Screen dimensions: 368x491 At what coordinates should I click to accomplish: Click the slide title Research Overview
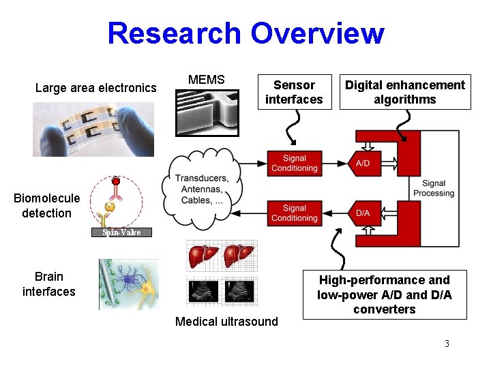point(245,33)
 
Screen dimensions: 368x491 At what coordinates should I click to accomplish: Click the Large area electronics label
point(95,88)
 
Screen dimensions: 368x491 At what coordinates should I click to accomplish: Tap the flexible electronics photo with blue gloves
point(93,129)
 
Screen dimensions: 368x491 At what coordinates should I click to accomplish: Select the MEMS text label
point(206,80)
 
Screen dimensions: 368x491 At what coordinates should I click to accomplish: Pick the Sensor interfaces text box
point(294,92)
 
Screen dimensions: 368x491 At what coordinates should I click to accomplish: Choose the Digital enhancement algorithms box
point(404,92)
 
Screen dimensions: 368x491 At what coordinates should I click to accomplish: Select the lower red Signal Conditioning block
point(294,213)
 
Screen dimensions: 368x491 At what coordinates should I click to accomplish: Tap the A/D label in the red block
point(363,164)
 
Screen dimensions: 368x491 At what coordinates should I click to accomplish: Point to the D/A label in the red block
point(363,213)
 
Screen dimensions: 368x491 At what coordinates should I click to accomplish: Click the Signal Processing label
point(433,188)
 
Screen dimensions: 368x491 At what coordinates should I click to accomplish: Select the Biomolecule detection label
point(46,206)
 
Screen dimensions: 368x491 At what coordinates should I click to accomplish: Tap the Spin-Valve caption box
point(121,232)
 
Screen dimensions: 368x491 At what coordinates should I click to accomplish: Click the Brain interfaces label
point(48,284)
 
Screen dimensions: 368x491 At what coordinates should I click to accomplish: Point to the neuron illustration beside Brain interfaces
point(129,284)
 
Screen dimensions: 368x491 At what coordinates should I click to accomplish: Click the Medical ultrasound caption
point(226,322)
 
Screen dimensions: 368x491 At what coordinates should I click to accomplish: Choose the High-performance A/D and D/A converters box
point(385,294)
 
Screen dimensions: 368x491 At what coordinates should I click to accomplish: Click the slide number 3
point(447,343)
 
